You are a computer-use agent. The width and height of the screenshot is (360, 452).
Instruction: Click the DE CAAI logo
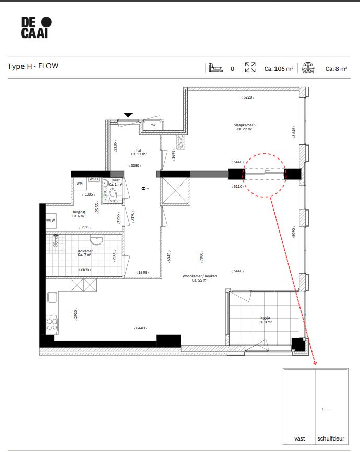click(x=37, y=27)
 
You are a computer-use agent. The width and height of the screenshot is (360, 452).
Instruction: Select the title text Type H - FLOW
click(x=33, y=66)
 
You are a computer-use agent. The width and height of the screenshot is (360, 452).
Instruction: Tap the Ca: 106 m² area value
click(x=279, y=68)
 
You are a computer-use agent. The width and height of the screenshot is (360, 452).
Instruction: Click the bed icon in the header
click(x=215, y=68)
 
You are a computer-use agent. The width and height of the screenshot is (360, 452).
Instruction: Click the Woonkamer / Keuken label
click(x=199, y=278)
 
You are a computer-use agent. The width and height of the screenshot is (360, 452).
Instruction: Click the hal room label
click(x=138, y=152)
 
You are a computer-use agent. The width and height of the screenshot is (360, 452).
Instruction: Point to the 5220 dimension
click(x=247, y=97)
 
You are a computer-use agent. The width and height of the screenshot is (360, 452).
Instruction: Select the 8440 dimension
click(x=140, y=328)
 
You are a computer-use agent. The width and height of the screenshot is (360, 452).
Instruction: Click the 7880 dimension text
click(x=201, y=256)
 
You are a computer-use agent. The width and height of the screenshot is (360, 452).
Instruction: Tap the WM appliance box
click(x=80, y=184)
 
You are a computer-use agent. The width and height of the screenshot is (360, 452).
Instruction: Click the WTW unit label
click(x=51, y=220)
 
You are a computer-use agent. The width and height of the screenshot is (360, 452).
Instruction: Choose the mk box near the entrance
click(x=153, y=125)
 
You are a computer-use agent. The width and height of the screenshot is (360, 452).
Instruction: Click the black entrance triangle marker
click(x=128, y=115)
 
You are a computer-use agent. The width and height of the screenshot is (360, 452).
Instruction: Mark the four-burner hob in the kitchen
click(x=53, y=325)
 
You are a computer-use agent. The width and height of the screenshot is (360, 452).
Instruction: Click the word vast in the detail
click(x=299, y=438)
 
